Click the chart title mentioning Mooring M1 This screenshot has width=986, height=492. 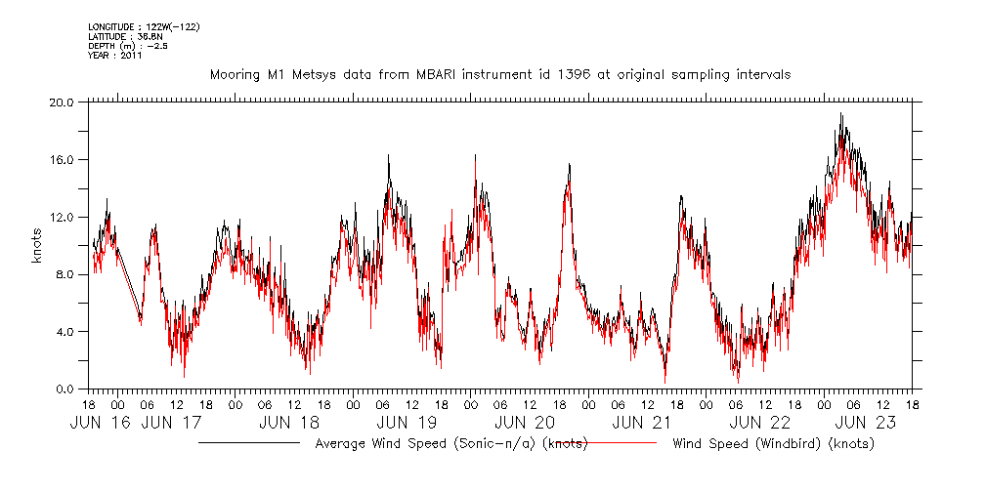tap(500, 74)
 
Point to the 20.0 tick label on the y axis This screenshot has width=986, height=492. tap(62, 102)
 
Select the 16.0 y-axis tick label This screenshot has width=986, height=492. tap(62, 159)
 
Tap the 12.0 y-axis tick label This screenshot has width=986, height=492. tap(62, 217)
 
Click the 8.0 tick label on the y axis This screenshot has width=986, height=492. tap(64, 274)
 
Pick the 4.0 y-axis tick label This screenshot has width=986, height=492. tap(64, 332)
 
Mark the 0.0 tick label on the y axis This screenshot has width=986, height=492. tap(64, 389)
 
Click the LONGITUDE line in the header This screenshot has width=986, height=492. tap(144, 26)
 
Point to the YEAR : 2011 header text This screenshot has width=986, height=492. tap(115, 56)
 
